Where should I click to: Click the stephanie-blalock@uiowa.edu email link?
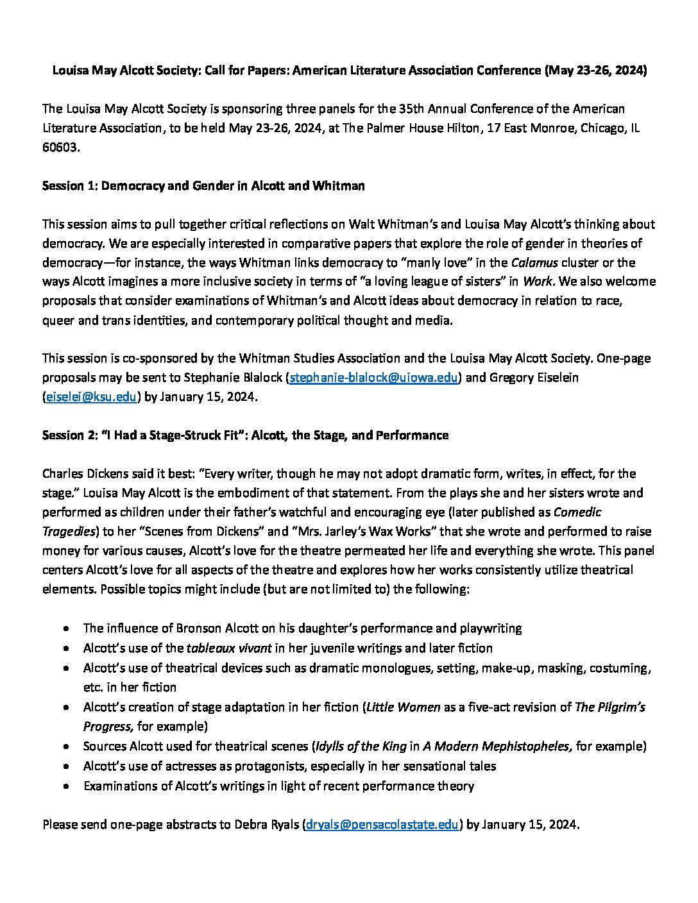pos(374,378)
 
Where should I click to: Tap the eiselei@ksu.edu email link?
pos(91,397)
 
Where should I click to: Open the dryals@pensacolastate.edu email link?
pos(382,825)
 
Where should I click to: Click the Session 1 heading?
pos(203,186)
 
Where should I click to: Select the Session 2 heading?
pos(245,435)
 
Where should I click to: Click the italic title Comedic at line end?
pos(577,512)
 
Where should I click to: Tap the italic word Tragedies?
pos(69,532)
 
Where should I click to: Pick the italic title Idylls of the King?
pos(361,747)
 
